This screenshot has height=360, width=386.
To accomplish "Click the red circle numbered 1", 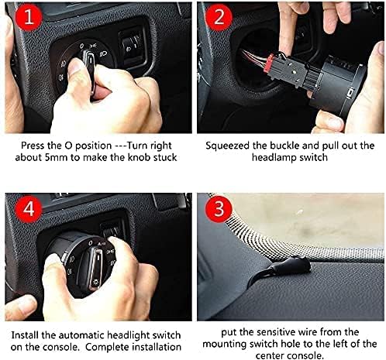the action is [x=29, y=17].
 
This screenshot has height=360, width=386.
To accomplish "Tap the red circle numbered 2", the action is [x=219, y=17].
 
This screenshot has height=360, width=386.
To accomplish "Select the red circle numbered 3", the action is [x=219, y=209].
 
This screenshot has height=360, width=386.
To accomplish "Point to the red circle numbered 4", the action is [x=29, y=209].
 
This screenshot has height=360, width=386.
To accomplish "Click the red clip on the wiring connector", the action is [x=269, y=63].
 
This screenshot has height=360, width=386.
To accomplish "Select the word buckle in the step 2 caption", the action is [x=284, y=146].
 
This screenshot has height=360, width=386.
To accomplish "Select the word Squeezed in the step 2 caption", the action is [x=227, y=146].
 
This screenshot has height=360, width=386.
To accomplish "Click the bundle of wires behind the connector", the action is [x=252, y=57].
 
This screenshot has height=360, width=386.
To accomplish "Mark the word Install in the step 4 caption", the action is [x=25, y=335].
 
